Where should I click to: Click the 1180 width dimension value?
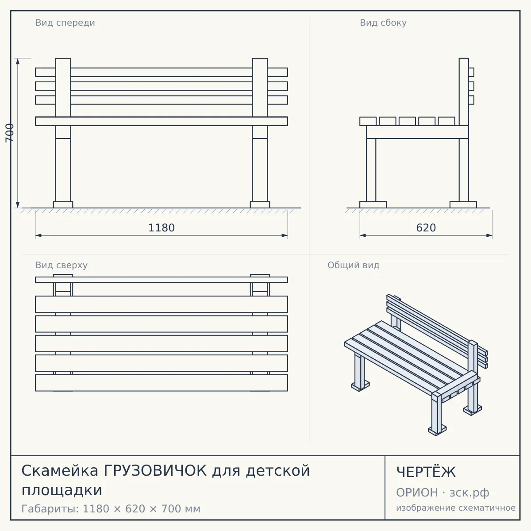162,228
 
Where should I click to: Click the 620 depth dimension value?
426,228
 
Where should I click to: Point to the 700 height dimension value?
10,133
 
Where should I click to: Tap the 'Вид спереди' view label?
65,23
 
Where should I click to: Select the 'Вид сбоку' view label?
383,23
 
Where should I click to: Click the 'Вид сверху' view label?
62,265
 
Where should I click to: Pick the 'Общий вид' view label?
353,265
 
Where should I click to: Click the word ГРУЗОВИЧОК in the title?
155,471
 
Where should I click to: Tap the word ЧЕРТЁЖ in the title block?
426,472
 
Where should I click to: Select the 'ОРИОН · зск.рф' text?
442,493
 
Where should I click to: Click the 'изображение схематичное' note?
456,508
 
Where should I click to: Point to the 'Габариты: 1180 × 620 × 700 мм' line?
111,509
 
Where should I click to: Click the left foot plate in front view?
63,205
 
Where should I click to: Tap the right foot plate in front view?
260,205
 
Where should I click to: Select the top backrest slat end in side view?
471,72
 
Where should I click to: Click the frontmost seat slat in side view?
368,121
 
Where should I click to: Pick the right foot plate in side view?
463,205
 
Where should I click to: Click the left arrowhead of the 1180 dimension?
38,235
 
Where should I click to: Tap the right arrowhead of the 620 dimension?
489,235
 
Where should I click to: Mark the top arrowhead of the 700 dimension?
18,62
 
